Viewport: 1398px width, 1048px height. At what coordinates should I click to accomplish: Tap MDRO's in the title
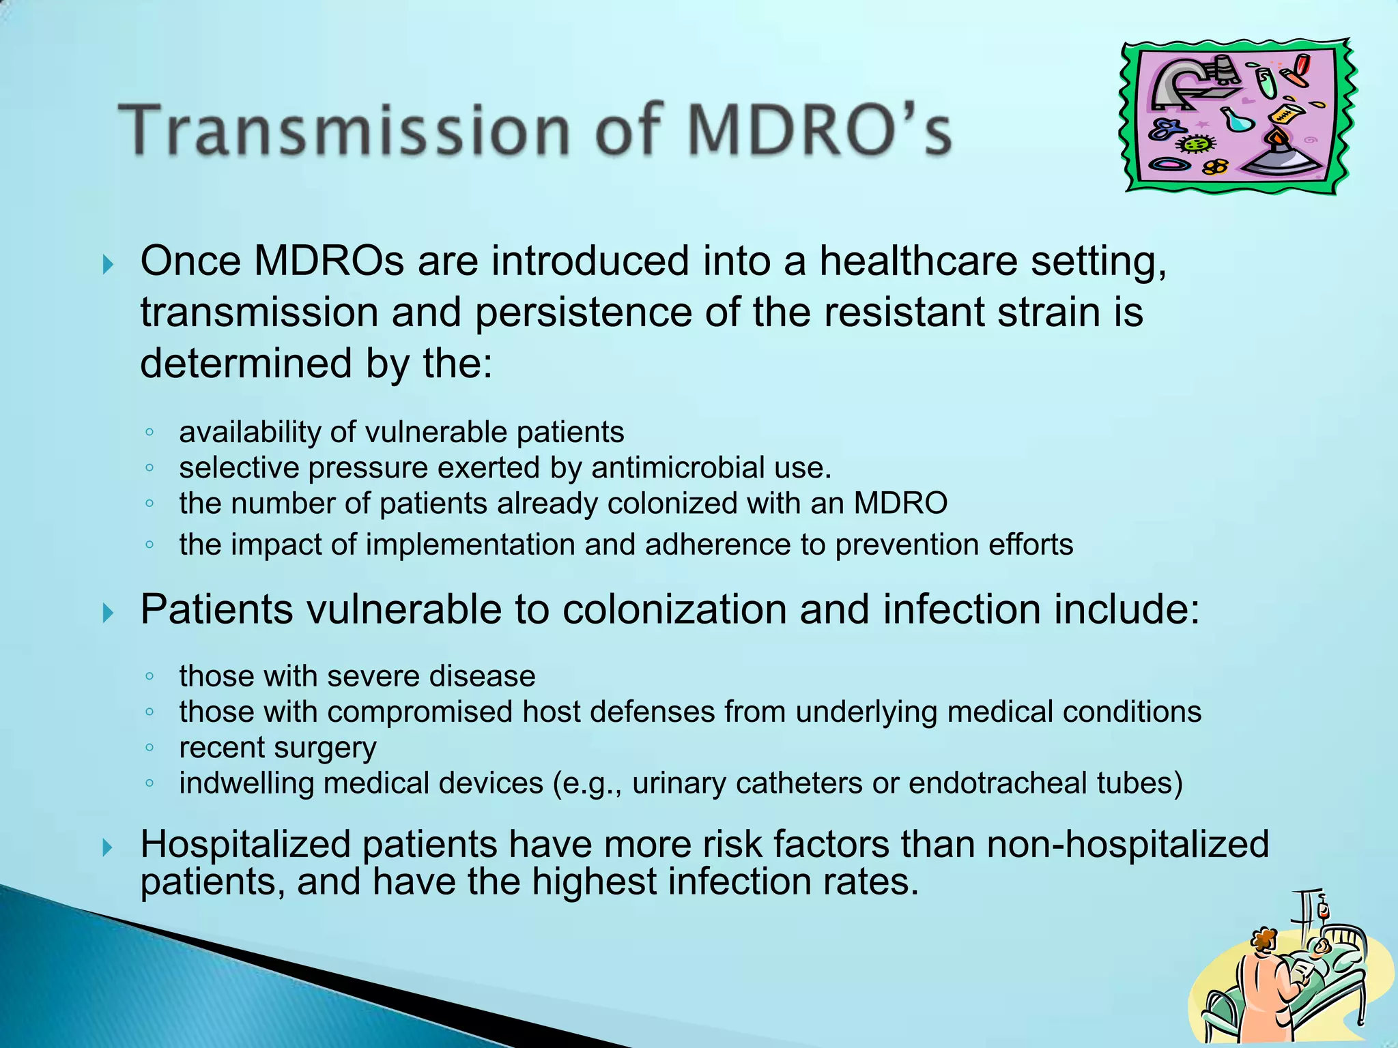819,130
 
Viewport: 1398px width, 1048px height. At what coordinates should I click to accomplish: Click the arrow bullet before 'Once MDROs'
108,265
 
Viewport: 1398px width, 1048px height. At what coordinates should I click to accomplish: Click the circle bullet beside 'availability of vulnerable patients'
149,433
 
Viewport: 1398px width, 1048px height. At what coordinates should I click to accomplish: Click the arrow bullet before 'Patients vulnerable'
108,613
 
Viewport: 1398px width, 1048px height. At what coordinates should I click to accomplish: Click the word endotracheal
997,783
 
